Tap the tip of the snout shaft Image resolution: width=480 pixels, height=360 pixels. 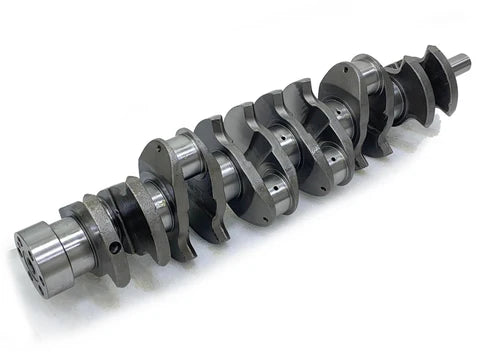click(x=465, y=61)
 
